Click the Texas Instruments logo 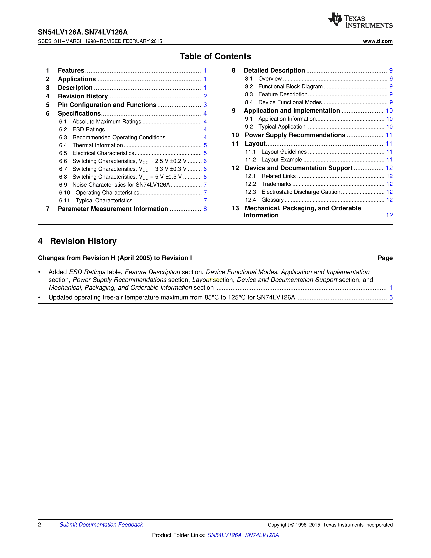coord(360,20)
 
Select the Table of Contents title coord(215,56)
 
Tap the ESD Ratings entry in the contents coord(89,130)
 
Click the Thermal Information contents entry coord(98,145)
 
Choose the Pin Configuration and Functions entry coord(107,105)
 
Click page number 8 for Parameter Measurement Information coord(205,209)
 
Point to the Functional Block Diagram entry coord(290,87)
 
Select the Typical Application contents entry coord(282,127)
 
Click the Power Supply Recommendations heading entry coord(295,135)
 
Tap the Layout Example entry coord(282,160)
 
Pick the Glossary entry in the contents coord(272,200)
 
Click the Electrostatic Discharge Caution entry coord(301,192)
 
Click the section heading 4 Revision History coord(77,241)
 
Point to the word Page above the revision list coord(385,258)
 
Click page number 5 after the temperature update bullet coord(391,297)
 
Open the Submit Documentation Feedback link coord(101,525)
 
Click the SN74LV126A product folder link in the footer coord(262,535)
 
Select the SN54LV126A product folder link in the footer coord(224,535)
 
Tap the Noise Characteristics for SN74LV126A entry coord(121,185)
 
